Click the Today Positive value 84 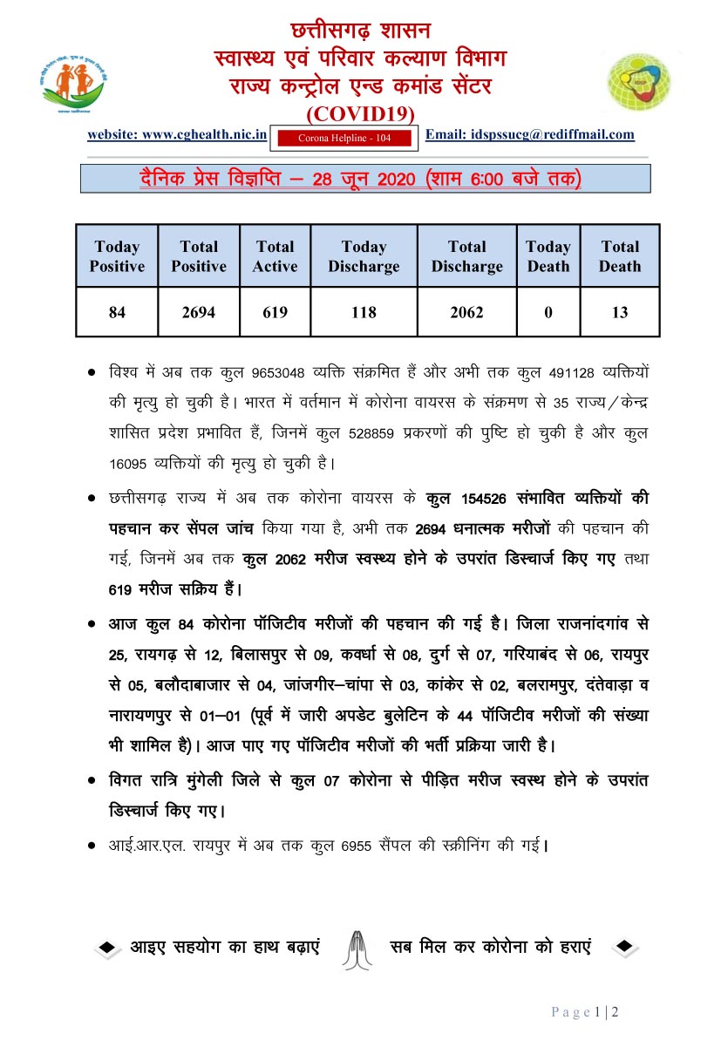point(117,313)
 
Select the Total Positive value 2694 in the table point(199,313)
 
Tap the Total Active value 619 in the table point(275,313)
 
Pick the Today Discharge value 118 point(364,313)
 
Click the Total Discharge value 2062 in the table point(466,313)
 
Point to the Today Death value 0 point(548,313)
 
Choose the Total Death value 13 point(619,313)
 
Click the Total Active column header point(275,256)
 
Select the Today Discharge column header point(364,256)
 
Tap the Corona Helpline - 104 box point(344,138)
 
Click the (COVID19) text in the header point(360,114)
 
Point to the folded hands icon point(357,946)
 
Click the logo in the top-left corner point(73,82)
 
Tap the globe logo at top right point(639,82)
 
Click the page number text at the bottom point(585,1012)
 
